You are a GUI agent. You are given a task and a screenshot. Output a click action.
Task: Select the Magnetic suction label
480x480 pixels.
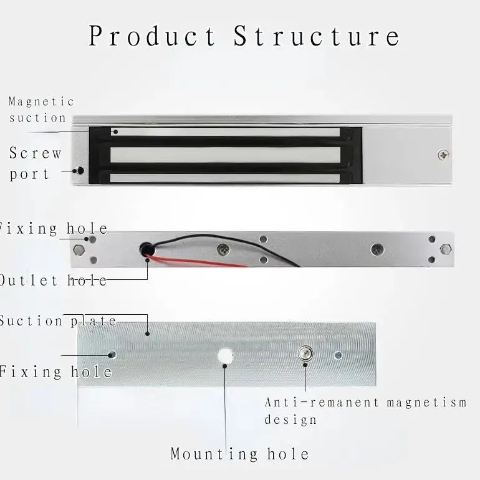(41, 109)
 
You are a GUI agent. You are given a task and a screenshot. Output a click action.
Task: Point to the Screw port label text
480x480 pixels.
(36, 163)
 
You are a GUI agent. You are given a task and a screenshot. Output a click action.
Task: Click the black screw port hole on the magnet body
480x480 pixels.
(80, 170)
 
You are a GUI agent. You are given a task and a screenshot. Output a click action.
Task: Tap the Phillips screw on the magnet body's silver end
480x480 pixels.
(442, 153)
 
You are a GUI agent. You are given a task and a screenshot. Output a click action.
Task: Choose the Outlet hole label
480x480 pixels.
(53, 281)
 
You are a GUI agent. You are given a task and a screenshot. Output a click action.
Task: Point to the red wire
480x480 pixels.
(199, 260)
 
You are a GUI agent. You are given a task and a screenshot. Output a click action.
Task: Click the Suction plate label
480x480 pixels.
(58, 321)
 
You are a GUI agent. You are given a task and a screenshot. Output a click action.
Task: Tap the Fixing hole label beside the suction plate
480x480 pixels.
(55, 372)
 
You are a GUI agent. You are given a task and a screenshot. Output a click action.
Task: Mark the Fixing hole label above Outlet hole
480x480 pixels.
(54, 229)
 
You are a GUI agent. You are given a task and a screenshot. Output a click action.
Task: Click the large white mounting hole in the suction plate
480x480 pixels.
(225, 356)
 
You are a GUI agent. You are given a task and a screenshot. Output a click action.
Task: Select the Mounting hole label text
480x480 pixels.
(239, 453)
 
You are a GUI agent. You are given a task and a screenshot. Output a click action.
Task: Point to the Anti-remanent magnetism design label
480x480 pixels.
(365, 410)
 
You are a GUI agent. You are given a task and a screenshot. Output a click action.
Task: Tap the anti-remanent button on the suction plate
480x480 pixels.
(305, 352)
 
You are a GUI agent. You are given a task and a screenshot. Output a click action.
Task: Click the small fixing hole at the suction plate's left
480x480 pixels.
(112, 354)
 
